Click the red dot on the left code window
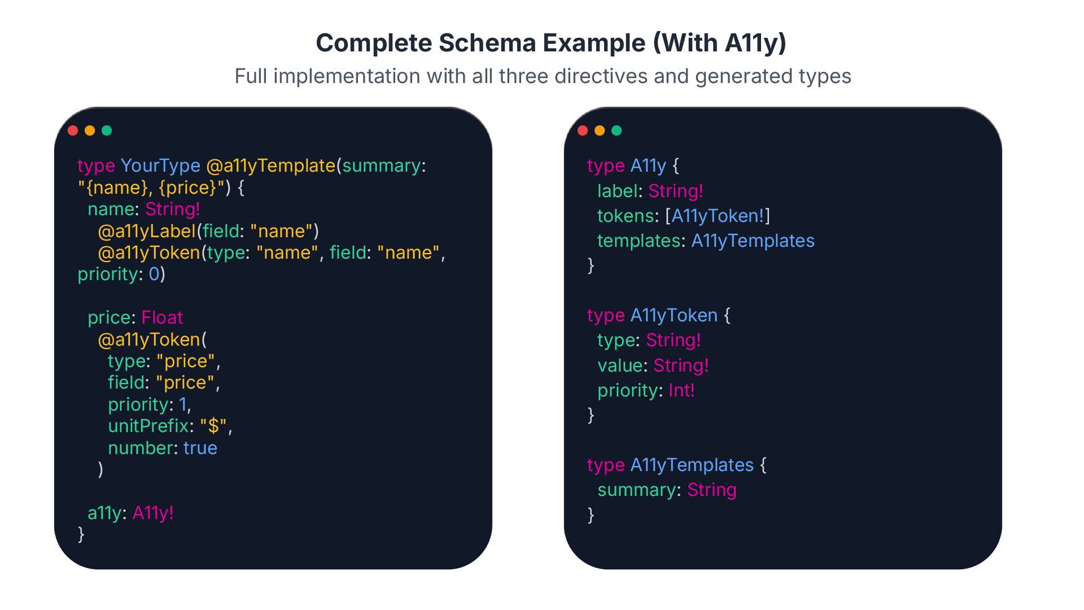pyautogui.click(x=73, y=130)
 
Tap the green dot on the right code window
pyautogui.click(x=617, y=130)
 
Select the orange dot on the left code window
pyautogui.click(x=90, y=130)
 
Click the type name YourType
pyautogui.click(x=160, y=165)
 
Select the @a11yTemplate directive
pyautogui.click(x=271, y=165)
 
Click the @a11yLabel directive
pyautogui.click(x=147, y=231)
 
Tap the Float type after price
pyautogui.click(x=162, y=317)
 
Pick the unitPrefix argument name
pyautogui.click(x=148, y=426)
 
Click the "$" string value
pyautogui.click(x=213, y=426)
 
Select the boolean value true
pyautogui.click(x=200, y=448)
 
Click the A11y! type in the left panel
pyautogui.click(x=153, y=513)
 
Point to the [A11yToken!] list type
pyautogui.click(x=718, y=216)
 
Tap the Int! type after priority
pyautogui.click(x=681, y=390)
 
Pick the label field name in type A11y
pyautogui.click(x=617, y=191)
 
